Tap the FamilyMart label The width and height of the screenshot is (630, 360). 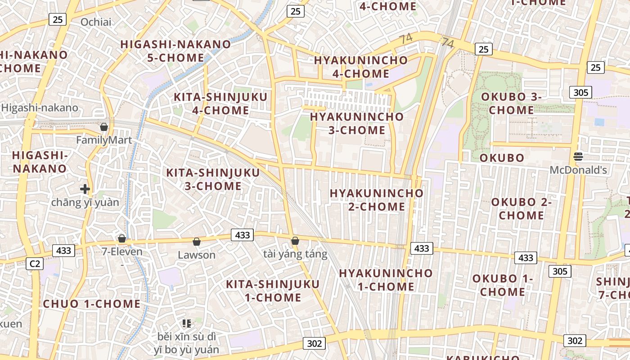[x=104, y=140]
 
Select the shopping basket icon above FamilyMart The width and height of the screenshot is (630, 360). [x=104, y=127]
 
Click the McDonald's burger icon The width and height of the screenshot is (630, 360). [x=578, y=157]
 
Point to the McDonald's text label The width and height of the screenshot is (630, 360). [x=578, y=170]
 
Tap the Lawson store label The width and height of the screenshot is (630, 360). [x=197, y=255]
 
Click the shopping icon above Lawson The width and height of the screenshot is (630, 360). [x=197, y=242]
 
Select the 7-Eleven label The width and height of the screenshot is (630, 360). [x=122, y=252]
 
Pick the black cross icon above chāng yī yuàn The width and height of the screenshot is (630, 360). [x=85, y=189]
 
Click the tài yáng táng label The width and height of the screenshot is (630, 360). [x=295, y=254]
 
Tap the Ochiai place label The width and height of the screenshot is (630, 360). [x=96, y=22]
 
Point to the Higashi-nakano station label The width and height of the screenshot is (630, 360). [x=40, y=108]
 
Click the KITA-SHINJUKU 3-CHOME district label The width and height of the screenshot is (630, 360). [x=213, y=179]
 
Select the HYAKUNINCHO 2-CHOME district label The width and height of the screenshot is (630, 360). [x=377, y=200]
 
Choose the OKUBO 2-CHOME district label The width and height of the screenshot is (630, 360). [x=522, y=208]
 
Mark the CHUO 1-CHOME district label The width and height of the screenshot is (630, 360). [x=92, y=304]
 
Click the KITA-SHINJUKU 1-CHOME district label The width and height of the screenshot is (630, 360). [x=273, y=291]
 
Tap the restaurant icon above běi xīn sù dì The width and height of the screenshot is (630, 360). [x=187, y=323]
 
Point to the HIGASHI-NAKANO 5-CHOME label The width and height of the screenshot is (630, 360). [x=175, y=51]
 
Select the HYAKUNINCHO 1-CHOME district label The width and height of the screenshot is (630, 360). [x=386, y=279]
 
